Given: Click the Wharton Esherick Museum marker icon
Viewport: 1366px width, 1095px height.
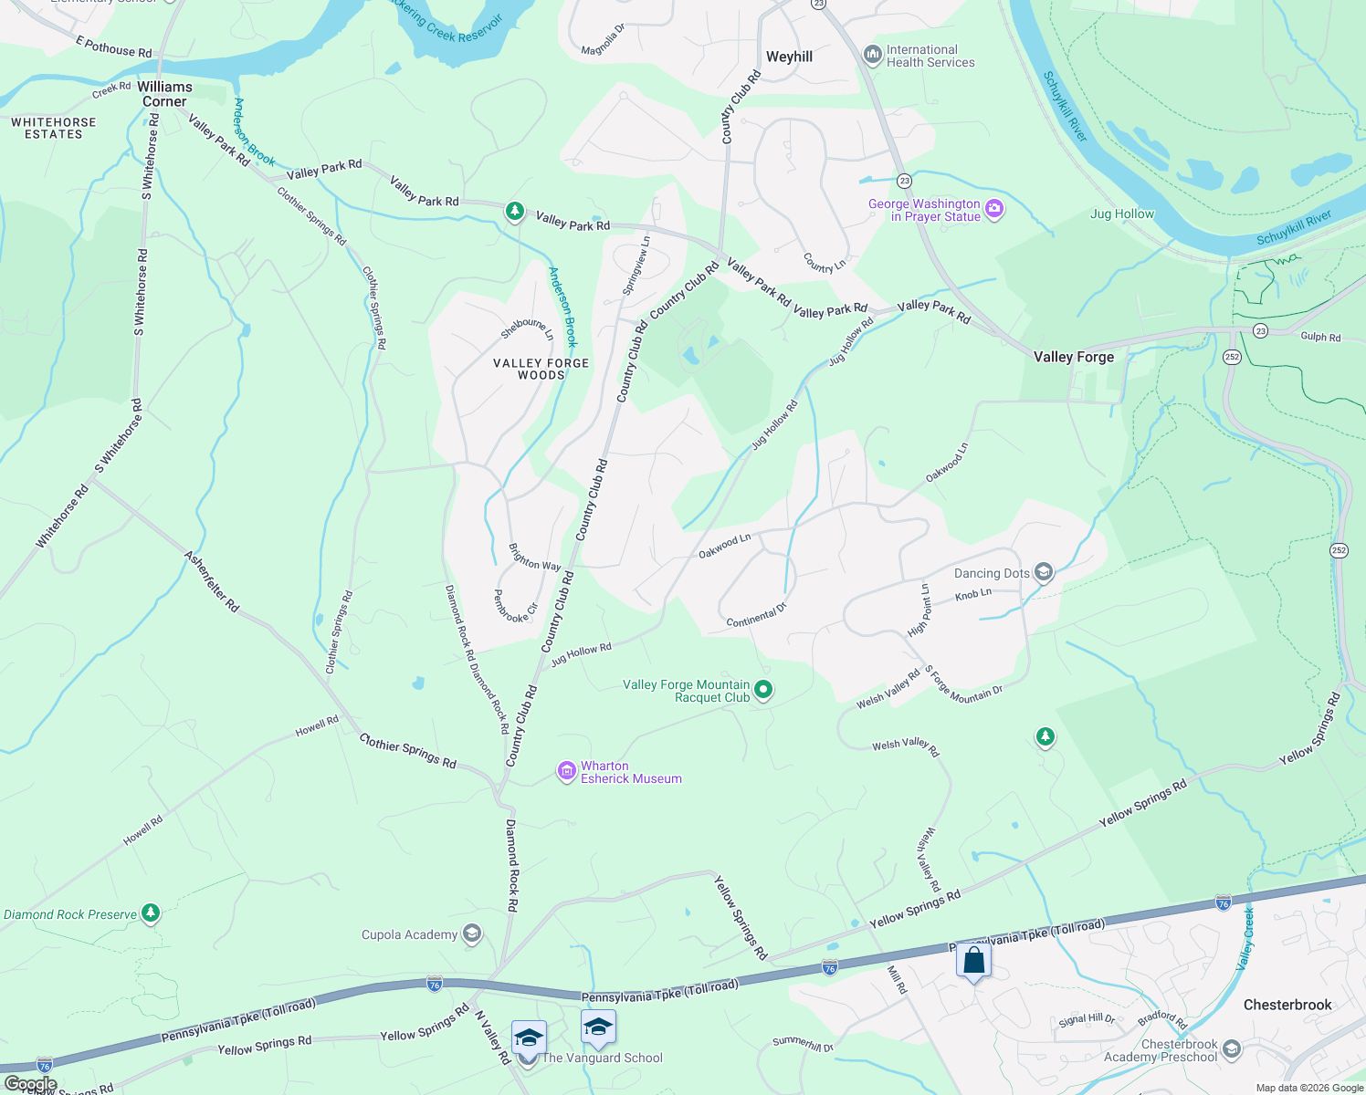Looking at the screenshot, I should [x=567, y=772].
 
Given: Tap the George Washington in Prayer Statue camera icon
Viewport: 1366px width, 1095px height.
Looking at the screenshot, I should [x=994, y=210].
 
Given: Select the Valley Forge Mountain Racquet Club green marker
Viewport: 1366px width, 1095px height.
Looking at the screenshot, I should [x=763, y=691].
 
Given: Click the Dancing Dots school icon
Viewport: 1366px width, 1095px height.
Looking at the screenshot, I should [x=1044, y=573].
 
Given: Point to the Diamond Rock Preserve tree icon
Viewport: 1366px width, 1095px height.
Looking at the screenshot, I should [x=151, y=913].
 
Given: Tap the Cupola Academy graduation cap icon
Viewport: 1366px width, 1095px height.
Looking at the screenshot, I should [x=471, y=933].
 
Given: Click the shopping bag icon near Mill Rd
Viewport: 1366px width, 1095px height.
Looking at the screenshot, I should [x=973, y=961].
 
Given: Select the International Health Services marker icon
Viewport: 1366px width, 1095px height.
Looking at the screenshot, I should [x=871, y=56].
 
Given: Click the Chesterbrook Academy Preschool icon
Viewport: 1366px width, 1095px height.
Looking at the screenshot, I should [x=1231, y=1050].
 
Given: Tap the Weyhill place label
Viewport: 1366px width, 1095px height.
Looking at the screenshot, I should [x=789, y=57].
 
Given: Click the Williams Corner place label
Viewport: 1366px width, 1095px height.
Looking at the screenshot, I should [x=164, y=94].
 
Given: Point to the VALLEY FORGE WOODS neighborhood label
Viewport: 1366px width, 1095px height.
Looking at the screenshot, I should [x=541, y=369].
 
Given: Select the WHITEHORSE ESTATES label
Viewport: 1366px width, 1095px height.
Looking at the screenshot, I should [x=53, y=128].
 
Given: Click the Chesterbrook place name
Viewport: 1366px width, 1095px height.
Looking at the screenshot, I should [x=1287, y=1005].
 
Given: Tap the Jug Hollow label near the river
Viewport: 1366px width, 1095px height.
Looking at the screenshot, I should [x=1121, y=214].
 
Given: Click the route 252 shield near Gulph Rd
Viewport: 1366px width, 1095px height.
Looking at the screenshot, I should [x=1232, y=357].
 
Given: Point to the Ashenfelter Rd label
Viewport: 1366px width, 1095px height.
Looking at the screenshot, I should [x=211, y=581].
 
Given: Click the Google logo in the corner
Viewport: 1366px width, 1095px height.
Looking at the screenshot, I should [x=30, y=1084].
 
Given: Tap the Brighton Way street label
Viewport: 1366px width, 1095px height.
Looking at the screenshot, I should [x=534, y=558].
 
